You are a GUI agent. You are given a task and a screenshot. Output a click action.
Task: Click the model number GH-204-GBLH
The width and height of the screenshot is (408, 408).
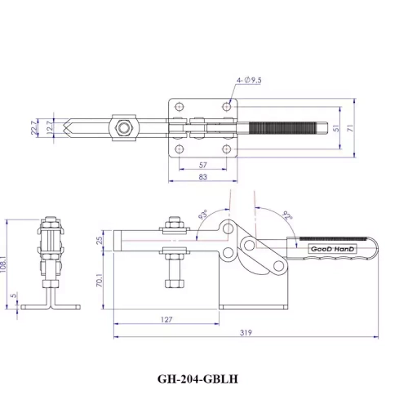click(x=202, y=379)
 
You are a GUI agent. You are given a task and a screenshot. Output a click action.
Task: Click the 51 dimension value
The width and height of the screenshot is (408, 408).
click(x=336, y=128)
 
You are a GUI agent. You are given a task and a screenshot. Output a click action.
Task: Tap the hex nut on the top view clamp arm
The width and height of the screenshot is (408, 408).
click(x=123, y=128)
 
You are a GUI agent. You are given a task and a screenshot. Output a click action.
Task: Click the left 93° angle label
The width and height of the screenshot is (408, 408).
click(x=202, y=217)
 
